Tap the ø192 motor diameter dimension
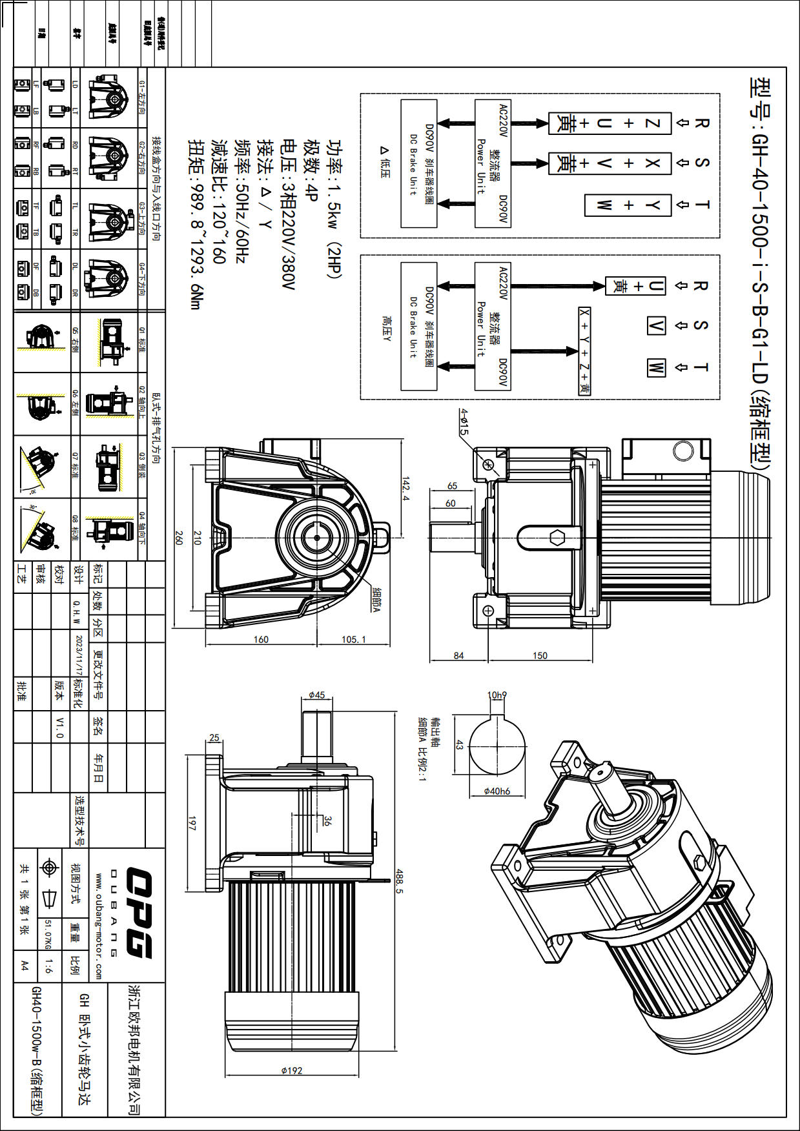point(292,1070)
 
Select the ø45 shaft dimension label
point(316,695)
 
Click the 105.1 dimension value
point(353,639)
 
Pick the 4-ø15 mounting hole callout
point(464,422)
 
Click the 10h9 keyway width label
point(497,695)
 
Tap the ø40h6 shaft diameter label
point(497,791)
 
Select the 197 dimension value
point(192,823)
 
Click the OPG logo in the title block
point(138,913)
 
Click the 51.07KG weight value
point(48,934)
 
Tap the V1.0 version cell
point(59,727)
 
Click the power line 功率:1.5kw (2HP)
point(334,208)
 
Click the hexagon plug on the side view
point(557,537)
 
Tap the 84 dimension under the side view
point(458,655)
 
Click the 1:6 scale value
point(48,966)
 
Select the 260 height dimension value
point(179,537)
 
